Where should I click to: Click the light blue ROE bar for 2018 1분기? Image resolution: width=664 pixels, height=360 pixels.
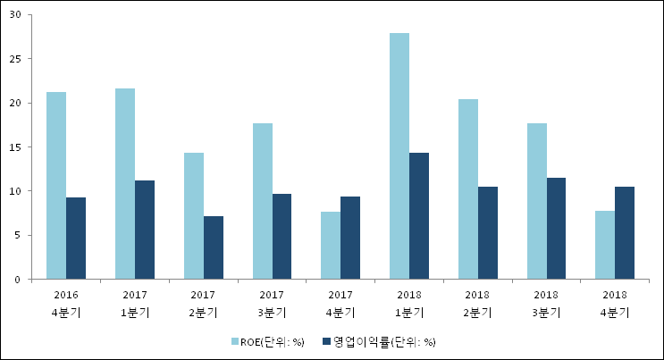click(x=399, y=156)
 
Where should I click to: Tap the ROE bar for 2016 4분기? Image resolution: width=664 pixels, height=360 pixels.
click(x=56, y=186)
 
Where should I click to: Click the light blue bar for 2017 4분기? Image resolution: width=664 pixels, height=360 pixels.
click(x=331, y=246)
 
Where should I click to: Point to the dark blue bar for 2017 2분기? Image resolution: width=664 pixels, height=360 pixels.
click(x=214, y=247)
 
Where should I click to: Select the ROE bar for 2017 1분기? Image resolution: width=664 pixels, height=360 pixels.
click(x=125, y=184)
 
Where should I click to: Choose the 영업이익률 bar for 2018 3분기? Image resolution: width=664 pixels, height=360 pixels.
click(x=557, y=229)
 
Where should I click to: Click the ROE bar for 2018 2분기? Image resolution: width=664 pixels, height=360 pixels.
click(x=468, y=189)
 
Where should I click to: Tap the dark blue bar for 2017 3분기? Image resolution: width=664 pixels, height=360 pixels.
click(x=282, y=237)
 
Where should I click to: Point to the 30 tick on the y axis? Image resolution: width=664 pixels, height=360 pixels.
click(x=17, y=15)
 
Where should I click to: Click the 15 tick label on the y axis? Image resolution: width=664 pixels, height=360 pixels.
click(x=17, y=147)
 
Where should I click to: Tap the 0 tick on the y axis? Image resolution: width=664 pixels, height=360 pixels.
click(x=20, y=280)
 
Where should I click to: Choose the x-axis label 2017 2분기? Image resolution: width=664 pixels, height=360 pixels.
click(x=204, y=304)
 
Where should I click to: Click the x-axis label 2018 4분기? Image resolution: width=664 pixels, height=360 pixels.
click(x=614, y=304)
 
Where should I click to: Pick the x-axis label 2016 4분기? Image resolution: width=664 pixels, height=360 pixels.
click(x=66, y=304)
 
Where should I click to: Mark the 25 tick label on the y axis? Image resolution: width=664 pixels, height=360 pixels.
click(x=17, y=59)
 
